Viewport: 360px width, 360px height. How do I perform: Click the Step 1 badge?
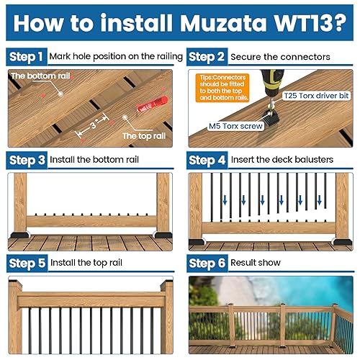26,56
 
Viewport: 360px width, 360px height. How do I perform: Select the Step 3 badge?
26,159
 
